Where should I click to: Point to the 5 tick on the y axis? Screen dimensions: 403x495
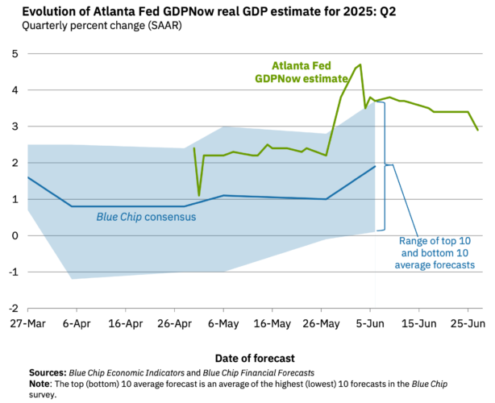(x=15, y=54)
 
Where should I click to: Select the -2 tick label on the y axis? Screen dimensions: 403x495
(x=13, y=308)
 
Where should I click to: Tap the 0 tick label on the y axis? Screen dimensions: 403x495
(x=15, y=235)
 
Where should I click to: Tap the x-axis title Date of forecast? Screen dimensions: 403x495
(x=255, y=358)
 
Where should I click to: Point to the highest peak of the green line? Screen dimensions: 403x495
(x=360, y=65)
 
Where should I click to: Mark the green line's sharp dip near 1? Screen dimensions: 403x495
(x=199, y=195)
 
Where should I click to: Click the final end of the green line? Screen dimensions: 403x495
(x=478, y=130)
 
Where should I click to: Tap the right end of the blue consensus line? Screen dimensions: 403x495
(x=375, y=166)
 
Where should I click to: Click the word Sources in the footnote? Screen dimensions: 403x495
(x=45, y=372)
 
